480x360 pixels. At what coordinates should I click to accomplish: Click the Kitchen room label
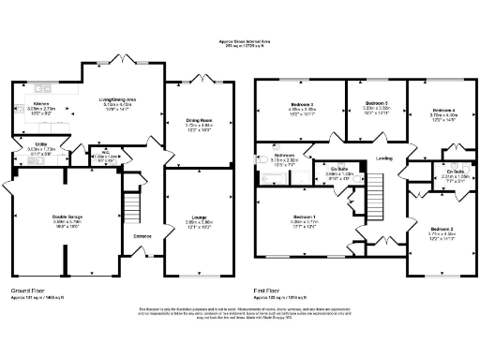41,104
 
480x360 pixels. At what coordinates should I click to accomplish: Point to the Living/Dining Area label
118,98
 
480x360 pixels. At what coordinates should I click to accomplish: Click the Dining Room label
190,119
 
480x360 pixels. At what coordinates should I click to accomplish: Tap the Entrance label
142,236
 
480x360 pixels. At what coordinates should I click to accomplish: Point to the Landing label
383,158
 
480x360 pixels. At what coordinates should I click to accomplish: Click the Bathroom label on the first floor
285,156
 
